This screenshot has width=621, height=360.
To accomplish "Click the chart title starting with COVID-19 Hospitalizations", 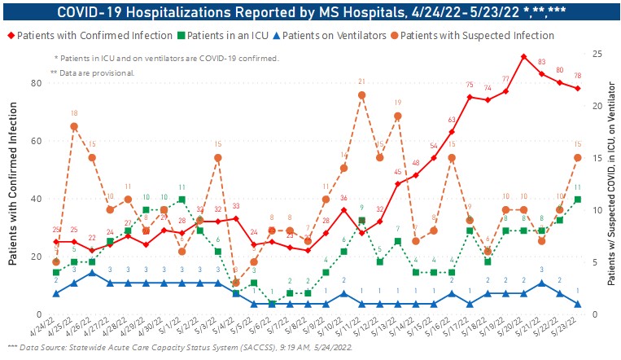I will click(x=310, y=11).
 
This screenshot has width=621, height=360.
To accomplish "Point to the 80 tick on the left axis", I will click(x=37, y=83).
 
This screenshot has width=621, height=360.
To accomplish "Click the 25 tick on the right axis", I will click(x=597, y=54).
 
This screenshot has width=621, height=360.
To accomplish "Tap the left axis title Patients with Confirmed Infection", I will click(x=14, y=189).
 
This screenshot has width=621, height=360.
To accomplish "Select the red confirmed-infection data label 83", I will click(x=541, y=62).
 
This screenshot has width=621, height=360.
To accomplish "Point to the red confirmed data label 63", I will click(x=451, y=121).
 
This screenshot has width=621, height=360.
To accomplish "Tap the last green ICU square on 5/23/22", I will click(x=577, y=199).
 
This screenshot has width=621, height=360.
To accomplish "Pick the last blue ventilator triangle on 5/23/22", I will click(x=577, y=304).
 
